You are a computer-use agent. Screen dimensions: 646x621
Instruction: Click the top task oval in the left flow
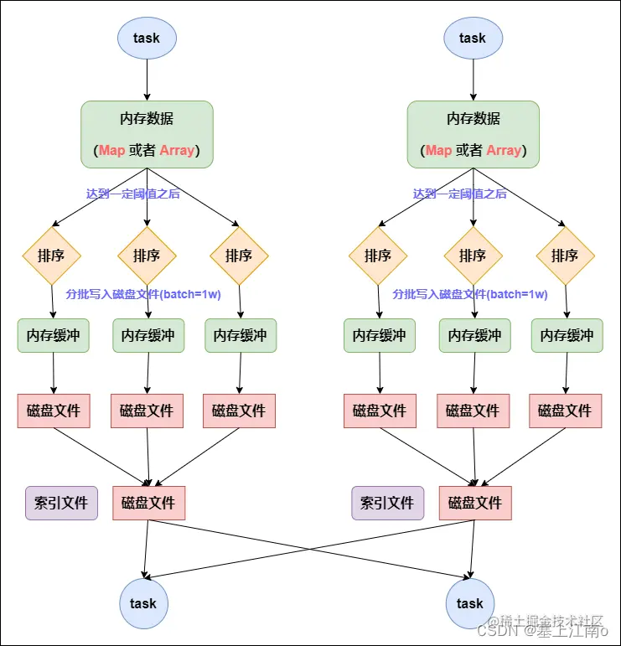(147, 38)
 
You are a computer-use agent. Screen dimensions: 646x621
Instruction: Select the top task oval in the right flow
(473, 38)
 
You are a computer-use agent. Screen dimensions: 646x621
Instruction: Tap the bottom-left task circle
(143, 603)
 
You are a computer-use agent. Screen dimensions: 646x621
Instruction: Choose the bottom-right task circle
(469, 603)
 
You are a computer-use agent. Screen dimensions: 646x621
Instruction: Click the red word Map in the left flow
(111, 151)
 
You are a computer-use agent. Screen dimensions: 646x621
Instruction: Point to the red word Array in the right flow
(504, 151)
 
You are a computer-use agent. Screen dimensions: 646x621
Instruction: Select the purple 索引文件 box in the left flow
(61, 503)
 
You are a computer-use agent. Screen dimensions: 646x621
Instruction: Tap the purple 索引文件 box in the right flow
(387, 503)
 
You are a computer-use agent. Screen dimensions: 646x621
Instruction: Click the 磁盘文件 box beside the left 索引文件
(148, 503)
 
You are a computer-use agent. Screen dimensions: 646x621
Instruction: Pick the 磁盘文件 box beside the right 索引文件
(475, 503)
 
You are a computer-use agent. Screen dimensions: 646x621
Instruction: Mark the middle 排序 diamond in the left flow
(147, 256)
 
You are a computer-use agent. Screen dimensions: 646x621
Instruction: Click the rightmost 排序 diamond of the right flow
(565, 256)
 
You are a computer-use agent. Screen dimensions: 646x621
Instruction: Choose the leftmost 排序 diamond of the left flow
(53, 256)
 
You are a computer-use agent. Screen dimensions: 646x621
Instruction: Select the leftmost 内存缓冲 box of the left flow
(53, 335)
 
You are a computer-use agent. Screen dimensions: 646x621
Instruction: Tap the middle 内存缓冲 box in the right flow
(474, 335)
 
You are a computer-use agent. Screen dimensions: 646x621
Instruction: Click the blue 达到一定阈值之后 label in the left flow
(132, 194)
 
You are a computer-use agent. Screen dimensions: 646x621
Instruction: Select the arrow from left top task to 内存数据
(147, 80)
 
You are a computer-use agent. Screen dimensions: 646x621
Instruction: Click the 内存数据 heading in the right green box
(474, 118)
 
